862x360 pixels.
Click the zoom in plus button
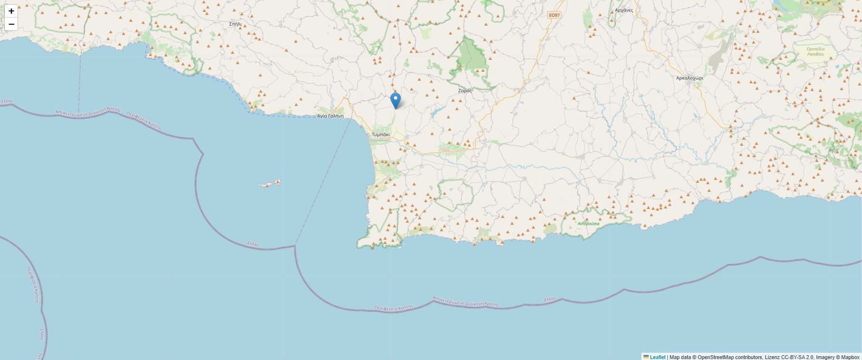click(x=11, y=11)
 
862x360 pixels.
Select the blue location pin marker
click(x=395, y=100)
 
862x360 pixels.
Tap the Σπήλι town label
click(x=235, y=24)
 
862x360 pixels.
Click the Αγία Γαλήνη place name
click(x=330, y=116)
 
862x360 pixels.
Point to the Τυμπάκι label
click(x=380, y=134)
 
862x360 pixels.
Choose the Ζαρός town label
click(x=465, y=90)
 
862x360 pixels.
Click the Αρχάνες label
click(x=624, y=10)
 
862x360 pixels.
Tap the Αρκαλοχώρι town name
click(x=690, y=78)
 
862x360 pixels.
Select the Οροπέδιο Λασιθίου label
click(x=815, y=51)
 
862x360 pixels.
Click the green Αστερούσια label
click(x=588, y=223)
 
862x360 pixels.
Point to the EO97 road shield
click(x=554, y=15)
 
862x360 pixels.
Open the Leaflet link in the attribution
click(x=657, y=357)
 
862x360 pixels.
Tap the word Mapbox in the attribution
click(x=849, y=357)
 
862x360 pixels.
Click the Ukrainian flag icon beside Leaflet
click(x=646, y=357)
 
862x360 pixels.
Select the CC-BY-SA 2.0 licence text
click(x=798, y=357)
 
